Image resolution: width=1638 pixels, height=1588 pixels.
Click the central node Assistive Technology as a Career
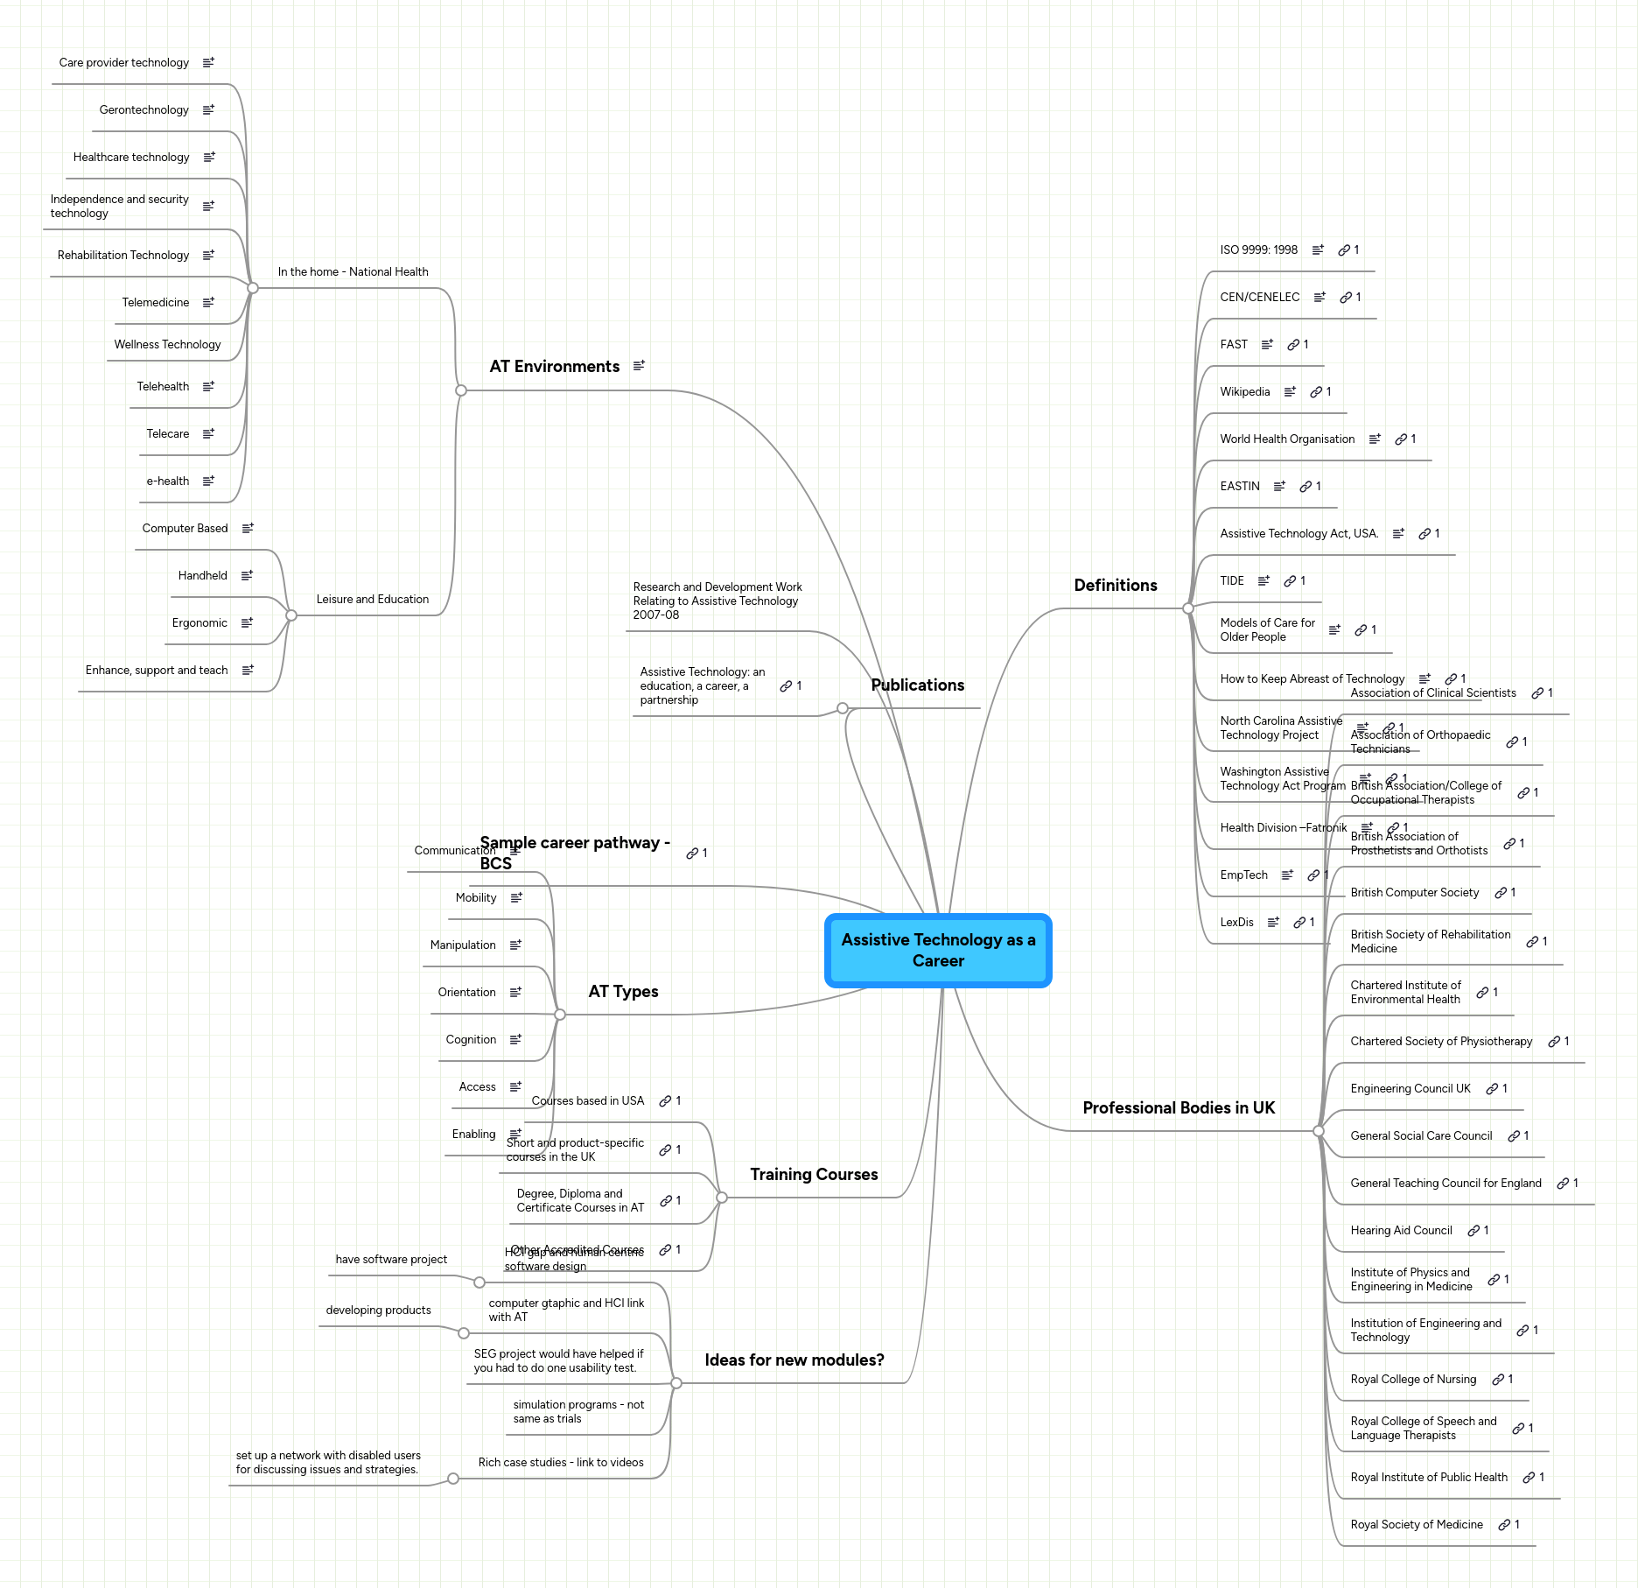(938, 950)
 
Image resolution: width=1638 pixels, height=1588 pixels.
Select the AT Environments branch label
(554, 367)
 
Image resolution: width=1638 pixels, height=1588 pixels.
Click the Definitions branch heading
(1115, 586)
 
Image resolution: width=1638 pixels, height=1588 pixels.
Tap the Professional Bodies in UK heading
(1178, 1108)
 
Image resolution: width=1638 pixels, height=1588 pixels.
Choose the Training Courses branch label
(813, 1175)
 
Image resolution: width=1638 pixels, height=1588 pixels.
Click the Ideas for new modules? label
(794, 1360)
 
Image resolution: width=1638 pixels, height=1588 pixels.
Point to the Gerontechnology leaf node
(143, 110)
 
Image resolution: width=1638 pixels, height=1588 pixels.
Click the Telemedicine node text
(155, 303)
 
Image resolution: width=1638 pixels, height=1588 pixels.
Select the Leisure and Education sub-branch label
(372, 600)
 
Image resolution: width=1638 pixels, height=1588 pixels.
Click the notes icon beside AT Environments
(639, 366)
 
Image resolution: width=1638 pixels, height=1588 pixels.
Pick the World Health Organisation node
(1286, 439)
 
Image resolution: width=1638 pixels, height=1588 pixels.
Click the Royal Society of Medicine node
(1416, 1525)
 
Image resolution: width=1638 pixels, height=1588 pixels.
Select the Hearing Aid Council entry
(1400, 1231)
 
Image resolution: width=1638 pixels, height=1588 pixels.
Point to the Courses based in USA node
(587, 1101)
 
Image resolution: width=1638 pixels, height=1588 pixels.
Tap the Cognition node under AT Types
(471, 1040)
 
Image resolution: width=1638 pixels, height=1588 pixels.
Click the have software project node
(391, 1260)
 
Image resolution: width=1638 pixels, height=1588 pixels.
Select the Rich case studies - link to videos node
(560, 1463)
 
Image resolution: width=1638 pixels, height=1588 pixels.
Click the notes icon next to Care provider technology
(208, 63)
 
